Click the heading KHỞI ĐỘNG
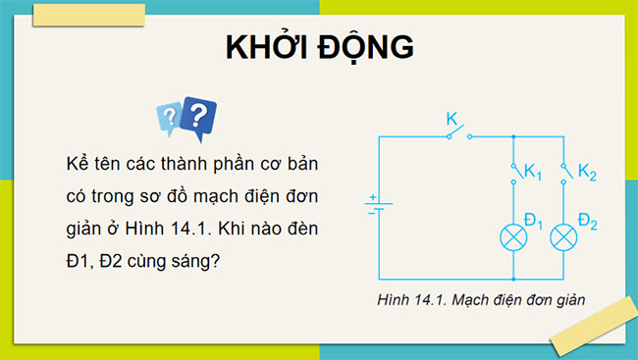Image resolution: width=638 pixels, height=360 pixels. click(x=318, y=49)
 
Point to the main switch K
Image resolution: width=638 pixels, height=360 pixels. click(x=455, y=135)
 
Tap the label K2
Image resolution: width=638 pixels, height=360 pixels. click(x=587, y=174)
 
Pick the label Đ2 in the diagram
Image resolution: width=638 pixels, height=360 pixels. click(x=587, y=221)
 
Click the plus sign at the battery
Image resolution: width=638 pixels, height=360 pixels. click(x=373, y=196)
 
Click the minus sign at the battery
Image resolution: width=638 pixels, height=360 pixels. click(x=371, y=211)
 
